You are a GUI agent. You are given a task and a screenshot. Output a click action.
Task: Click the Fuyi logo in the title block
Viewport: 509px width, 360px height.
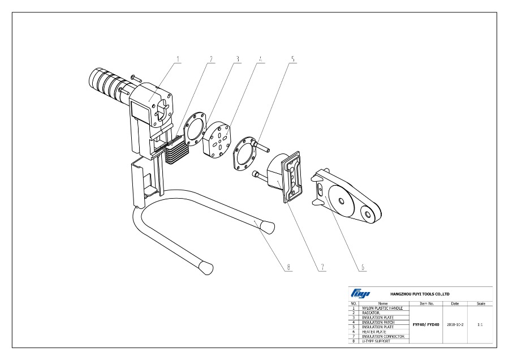coord(360,293)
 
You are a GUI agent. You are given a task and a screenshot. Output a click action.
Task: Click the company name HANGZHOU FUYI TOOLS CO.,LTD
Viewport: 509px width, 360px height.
coord(420,294)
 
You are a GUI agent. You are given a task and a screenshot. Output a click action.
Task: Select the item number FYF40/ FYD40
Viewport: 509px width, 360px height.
coord(427,324)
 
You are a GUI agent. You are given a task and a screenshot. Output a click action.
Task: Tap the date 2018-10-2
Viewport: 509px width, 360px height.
coord(455,324)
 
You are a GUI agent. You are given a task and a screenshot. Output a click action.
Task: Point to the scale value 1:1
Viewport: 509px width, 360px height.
coord(480,324)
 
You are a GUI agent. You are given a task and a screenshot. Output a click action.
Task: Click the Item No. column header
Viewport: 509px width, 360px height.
coord(427,303)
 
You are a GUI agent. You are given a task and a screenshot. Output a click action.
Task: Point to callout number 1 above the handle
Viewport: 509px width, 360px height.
coord(177,59)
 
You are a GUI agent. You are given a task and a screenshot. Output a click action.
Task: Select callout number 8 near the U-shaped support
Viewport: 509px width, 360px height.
coord(289,267)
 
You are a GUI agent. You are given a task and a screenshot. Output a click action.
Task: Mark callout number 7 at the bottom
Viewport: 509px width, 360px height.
coord(321,267)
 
